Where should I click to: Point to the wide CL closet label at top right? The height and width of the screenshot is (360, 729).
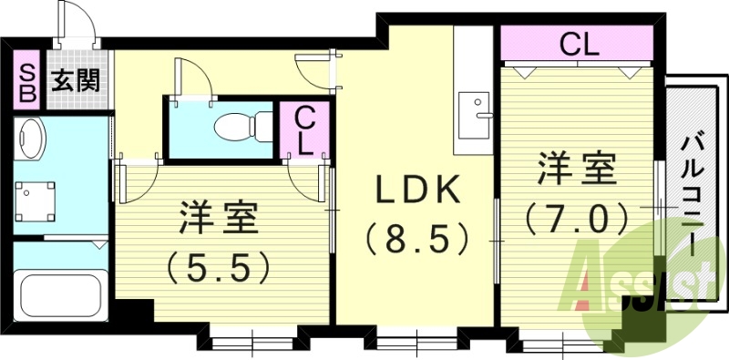tap(577, 44)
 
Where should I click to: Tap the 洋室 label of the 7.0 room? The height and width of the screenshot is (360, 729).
tap(576, 170)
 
